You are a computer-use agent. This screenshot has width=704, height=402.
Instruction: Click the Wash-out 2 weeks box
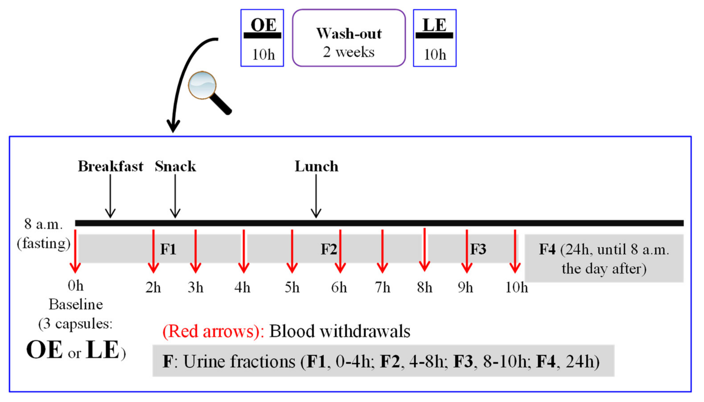point(349,38)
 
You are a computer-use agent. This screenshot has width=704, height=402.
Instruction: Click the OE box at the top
point(262,38)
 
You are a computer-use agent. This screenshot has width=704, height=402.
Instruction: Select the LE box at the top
point(435,38)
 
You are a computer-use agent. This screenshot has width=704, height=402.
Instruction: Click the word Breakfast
point(110,166)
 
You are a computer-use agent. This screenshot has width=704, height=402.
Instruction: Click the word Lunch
point(316,166)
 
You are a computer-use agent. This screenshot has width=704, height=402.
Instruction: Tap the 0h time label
point(75,286)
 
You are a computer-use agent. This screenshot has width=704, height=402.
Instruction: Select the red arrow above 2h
point(153,251)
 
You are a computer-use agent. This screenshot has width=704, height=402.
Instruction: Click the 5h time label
point(292,288)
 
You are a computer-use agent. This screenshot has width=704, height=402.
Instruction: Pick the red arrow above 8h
point(424,250)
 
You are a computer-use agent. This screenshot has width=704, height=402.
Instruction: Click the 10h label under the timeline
point(516,288)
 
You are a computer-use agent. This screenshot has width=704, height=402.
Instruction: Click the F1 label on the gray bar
point(168,249)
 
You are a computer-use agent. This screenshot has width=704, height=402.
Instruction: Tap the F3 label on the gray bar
point(478,249)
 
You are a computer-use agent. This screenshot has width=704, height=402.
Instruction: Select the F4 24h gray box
point(604,258)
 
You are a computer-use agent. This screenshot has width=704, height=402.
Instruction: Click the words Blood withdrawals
point(339,331)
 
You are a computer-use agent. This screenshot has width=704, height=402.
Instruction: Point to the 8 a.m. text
point(43,224)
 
